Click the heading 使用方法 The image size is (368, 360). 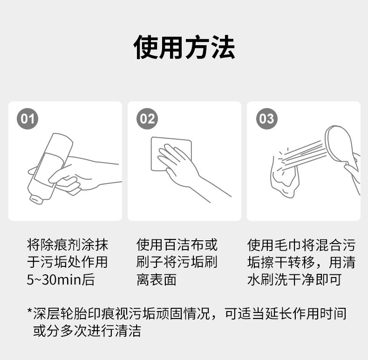[x=184, y=47]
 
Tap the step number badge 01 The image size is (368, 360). [x=27, y=118]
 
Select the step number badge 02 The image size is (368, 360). [x=147, y=118]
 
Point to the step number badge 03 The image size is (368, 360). [x=267, y=118]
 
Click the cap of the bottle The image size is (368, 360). [x=36, y=199]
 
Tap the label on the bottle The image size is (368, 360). [x=49, y=170]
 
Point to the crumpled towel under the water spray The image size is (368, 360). [x=285, y=176]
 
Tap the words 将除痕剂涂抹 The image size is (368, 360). [x=68, y=245]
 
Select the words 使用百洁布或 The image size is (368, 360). [x=177, y=245]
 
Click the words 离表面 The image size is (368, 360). [x=157, y=280]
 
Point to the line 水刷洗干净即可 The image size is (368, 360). [x=294, y=280]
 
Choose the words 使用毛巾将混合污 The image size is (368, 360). [x=301, y=245]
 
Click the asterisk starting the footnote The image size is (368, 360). [x=29, y=311]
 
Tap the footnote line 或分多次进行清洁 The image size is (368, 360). [x=87, y=331]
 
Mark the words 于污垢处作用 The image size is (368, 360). [x=68, y=262]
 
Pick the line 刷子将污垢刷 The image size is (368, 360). [x=177, y=262]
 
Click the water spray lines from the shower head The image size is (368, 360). [x=304, y=154]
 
